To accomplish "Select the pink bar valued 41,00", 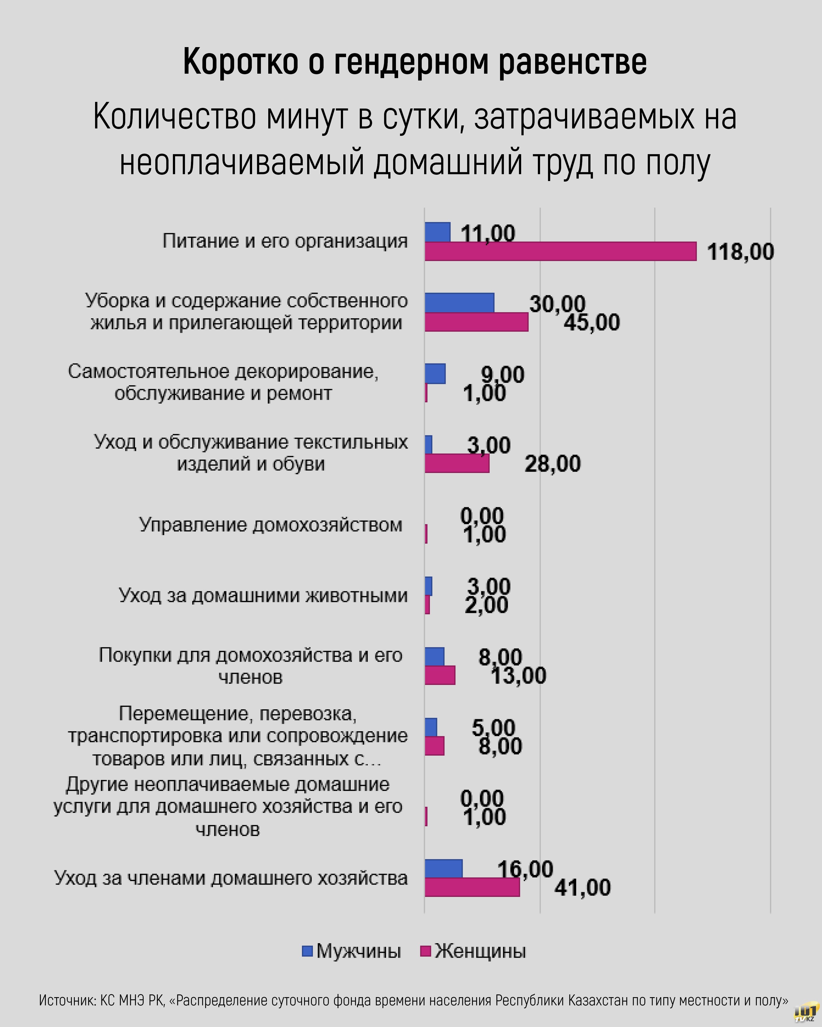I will (x=472, y=887).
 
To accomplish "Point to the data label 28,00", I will (x=553, y=463).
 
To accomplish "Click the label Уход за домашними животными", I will (x=263, y=595).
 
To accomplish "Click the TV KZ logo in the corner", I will (x=805, y=1013).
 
